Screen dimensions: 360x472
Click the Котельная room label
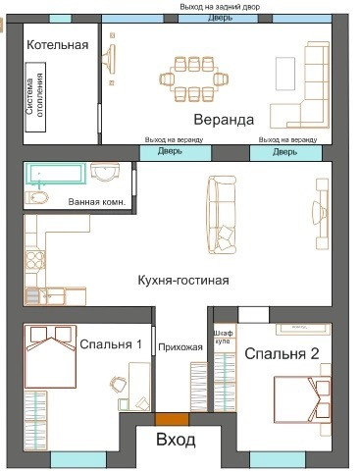click(x=58, y=45)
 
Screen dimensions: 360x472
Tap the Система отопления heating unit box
click(x=35, y=97)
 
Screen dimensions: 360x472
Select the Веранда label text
click(x=224, y=120)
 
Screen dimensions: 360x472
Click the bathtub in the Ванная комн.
click(x=55, y=174)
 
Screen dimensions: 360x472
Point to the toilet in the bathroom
click(x=36, y=197)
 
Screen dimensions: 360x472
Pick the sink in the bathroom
click(x=105, y=172)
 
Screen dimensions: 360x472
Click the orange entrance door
click(x=172, y=419)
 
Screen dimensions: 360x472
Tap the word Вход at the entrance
click(x=176, y=440)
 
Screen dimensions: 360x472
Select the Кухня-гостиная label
click(x=183, y=281)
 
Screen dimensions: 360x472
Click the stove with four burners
click(x=35, y=260)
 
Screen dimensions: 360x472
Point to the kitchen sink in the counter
click(x=32, y=296)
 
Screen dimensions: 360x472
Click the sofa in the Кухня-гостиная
click(x=222, y=215)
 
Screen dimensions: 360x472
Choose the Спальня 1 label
click(x=111, y=344)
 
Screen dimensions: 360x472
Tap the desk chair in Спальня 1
click(x=118, y=384)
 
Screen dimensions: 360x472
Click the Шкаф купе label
click(x=223, y=337)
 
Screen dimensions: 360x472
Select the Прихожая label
click(x=180, y=347)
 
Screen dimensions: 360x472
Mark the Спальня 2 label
click(x=282, y=353)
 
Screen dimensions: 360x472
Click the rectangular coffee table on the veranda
click(x=285, y=74)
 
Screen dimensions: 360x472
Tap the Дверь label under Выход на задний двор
click(x=220, y=18)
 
